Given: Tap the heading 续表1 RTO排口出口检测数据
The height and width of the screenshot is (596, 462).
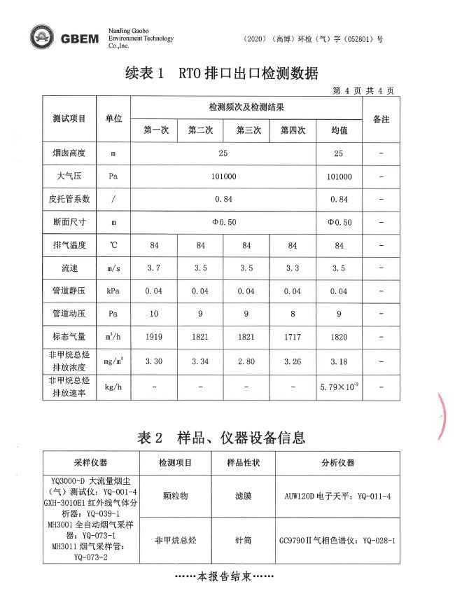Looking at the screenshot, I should [x=222, y=73].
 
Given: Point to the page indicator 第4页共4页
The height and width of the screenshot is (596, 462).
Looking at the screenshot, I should [x=363, y=90].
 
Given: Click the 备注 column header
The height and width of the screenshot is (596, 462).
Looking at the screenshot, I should [x=381, y=119].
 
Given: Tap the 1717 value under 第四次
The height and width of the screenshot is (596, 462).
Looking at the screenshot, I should [x=293, y=337].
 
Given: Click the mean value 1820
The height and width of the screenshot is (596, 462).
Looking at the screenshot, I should [x=339, y=337].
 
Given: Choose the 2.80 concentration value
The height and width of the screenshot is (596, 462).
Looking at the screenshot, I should [x=246, y=361].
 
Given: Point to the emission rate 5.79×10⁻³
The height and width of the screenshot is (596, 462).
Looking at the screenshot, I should [x=339, y=386].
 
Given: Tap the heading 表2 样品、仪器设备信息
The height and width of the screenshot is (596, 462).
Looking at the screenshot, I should [x=222, y=438].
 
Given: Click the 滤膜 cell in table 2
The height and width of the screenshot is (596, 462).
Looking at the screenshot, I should [x=244, y=495].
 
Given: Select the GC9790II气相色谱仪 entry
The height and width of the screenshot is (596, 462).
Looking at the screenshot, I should [x=337, y=540].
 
